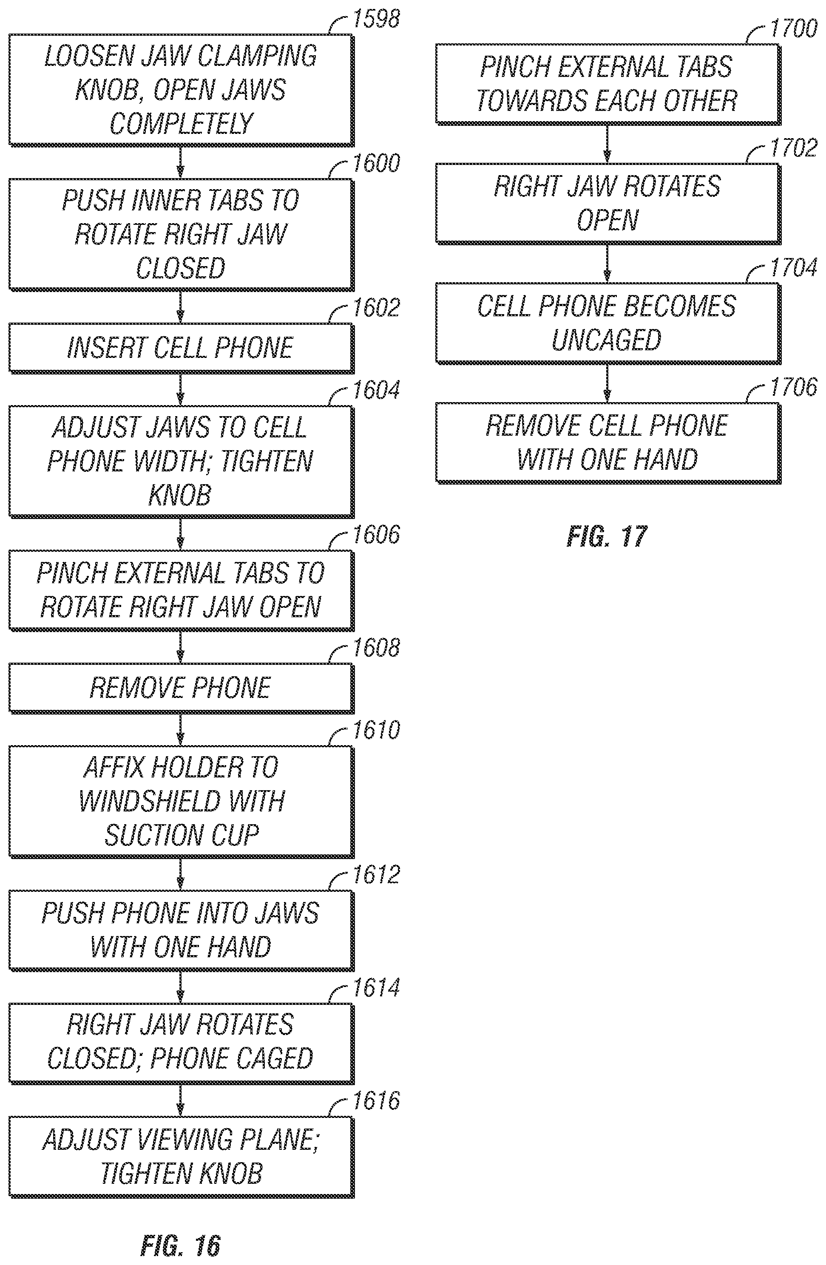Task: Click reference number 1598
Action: (x=376, y=19)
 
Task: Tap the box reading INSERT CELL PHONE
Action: (x=181, y=348)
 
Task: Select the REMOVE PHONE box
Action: (x=181, y=688)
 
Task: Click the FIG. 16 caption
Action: (x=181, y=1245)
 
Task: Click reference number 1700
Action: (x=794, y=28)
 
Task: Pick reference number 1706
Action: (x=794, y=387)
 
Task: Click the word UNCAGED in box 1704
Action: (x=607, y=340)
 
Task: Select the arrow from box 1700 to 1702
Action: (x=607, y=144)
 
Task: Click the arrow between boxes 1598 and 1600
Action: (x=181, y=162)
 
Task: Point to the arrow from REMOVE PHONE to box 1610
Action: (x=181, y=729)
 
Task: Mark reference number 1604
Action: (x=376, y=390)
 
